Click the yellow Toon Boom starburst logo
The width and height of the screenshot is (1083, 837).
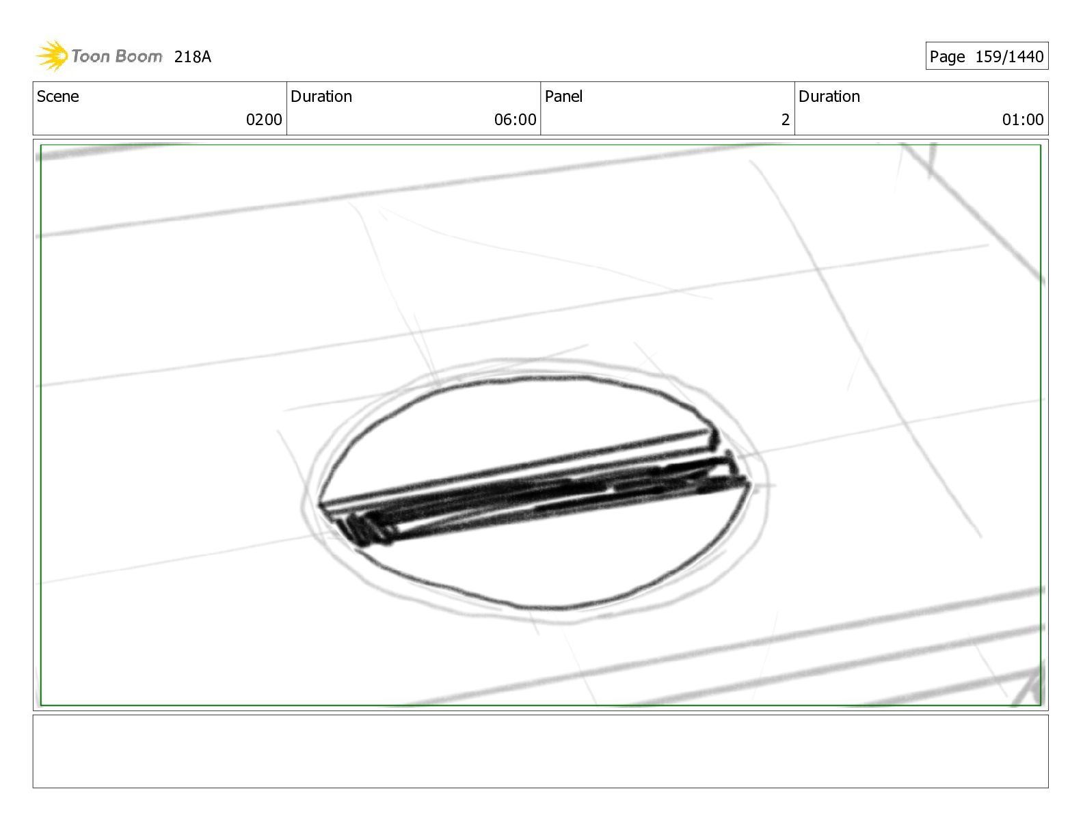(x=52, y=55)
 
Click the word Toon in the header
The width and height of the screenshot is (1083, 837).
(x=89, y=56)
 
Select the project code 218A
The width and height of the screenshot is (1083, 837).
(x=192, y=57)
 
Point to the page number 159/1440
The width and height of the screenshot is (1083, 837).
(x=1008, y=57)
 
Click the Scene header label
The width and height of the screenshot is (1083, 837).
(x=58, y=96)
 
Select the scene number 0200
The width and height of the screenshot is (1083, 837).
(x=264, y=120)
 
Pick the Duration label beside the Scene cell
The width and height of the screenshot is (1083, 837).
(x=321, y=96)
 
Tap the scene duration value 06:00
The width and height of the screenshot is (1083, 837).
(x=515, y=120)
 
